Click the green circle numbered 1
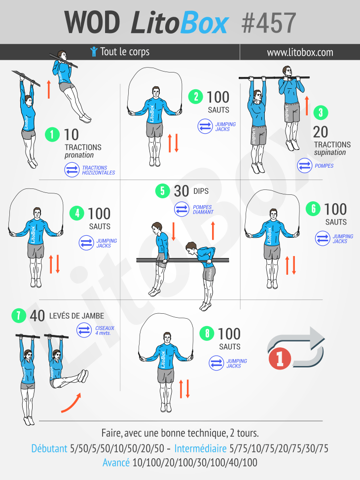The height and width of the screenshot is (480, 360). pyautogui.click(x=52, y=134)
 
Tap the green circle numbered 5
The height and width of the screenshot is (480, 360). pyautogui.click(x=163, y=191)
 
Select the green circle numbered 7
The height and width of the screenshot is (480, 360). pyautogui.click(x=19, y=315)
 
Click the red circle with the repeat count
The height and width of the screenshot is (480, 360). pyautogui.click(x=280, y=358)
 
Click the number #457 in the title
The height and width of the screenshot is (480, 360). pyautogui.click(x=269, y=23)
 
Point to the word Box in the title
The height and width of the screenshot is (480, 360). pyautogui.click(x=204, y=23)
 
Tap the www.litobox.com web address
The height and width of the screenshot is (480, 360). pyautogui.click(x=300, y=52)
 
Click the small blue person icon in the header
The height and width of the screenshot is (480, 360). pyautogui.click(x=94, y=51)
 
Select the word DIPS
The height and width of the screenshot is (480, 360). pyautogui.click(x=201, y=191)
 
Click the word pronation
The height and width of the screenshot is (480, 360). pyautogui.click(x=79, y=155)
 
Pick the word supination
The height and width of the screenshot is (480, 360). pyautogui.click(x=330, y=152)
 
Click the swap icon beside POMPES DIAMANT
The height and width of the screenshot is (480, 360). pyautogui.click(x=182, y=209)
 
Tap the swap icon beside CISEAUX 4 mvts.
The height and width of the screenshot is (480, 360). pyautogui.click(x=84, y=331)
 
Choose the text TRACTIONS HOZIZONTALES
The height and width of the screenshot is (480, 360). pyautogui.click(x=98, y=170)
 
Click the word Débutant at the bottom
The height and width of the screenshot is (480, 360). pyautogui.click(x=49, y=448)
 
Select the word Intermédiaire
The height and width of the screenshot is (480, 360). pyautogui.click(x=201, y=448)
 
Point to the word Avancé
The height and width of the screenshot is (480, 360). pyautogui.click(x=116, y=462)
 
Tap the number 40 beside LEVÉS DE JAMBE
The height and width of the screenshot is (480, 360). pyautogui.click(x=37, y=316)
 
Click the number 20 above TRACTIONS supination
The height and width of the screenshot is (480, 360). pyautogui.click(x=321, y=132)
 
